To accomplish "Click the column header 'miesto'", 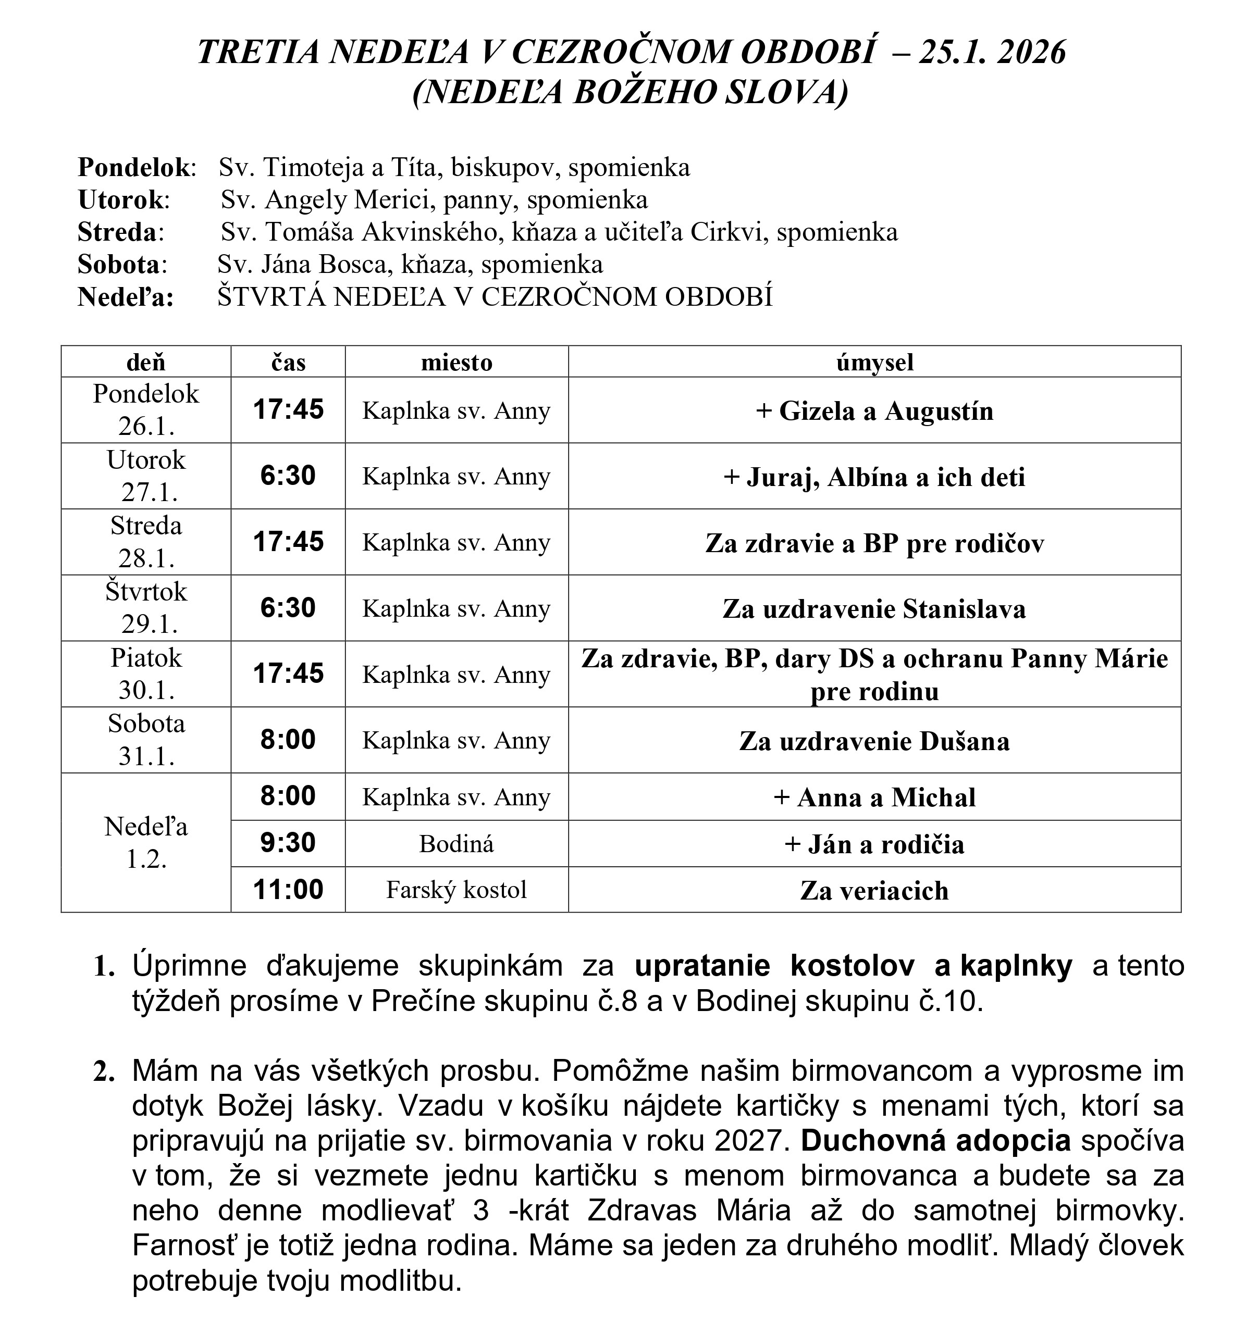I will coord(457,363).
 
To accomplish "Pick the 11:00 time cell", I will coord(288,890).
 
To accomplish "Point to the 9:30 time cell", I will coord(288,843).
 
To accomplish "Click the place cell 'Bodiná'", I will coord(457,844).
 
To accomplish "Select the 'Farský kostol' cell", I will coord(457,890).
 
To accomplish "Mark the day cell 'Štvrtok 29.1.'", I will coord(146,608).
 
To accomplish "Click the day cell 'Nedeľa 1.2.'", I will coord(146,843).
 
